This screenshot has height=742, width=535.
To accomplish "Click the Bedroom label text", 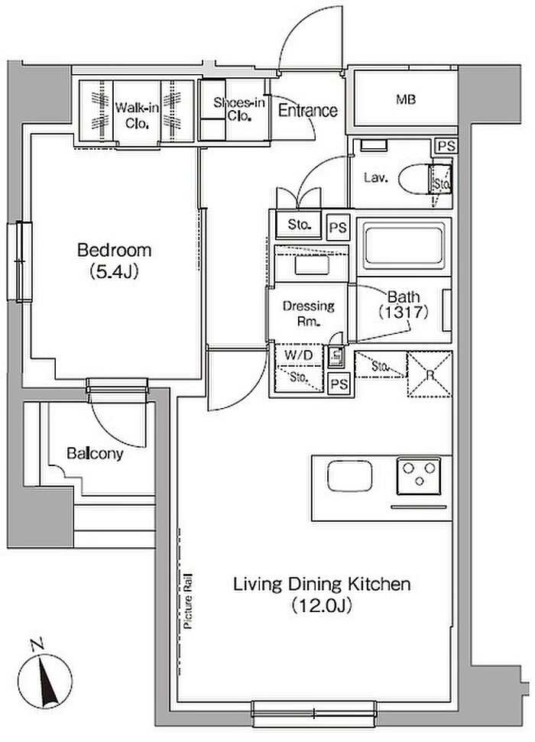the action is click(x=115, y=250).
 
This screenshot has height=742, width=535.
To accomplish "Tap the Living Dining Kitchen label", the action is click(x=322, y=585).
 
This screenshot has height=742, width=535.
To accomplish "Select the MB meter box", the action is click(x=406, y=99).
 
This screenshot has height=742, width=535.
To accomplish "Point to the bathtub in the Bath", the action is click(x=404, y=245).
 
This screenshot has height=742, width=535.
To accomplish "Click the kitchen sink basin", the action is click(x=349, y=475).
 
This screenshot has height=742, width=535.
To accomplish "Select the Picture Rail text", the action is click(x=188, y=601).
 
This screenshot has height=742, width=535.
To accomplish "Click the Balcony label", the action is click(x=95, y=453).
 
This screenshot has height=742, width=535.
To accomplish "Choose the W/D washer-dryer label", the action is click(x=298, y=355).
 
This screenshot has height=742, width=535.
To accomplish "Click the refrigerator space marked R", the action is click(x=430, y=374).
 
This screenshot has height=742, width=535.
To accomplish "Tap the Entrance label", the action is click(x=308, y=111).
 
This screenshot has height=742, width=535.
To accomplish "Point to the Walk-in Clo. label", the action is click(x=137, y=115).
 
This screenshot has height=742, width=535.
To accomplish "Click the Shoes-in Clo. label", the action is click(x=239, y=109).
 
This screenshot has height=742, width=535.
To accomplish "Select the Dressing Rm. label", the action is click(x=309, y=313).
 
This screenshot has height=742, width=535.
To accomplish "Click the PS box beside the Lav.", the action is click(x=446, y=146).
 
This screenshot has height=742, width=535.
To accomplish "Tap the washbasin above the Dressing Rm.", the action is click(x=312, y=265).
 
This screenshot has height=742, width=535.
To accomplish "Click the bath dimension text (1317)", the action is click(x=404, y=313).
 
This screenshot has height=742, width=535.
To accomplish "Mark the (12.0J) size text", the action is click(x=322, y=605).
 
